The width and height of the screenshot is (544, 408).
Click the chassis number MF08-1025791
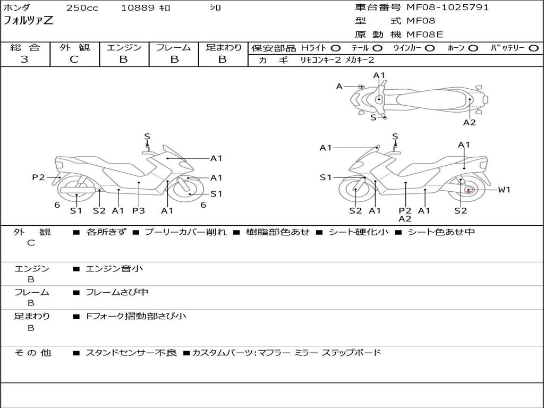click(447, 7)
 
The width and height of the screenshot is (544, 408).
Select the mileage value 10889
click(138, 7)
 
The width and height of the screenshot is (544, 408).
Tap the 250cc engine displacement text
click(82, 7)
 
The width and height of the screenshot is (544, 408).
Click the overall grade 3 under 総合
click(24, 59)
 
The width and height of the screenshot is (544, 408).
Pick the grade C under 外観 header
click(74, 59)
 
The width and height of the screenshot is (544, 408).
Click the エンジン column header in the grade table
click(124, 47)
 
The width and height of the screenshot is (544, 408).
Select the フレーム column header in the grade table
click(174, 47)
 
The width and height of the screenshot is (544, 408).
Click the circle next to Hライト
click(336, 48)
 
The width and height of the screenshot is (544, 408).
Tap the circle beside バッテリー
click(533, 48)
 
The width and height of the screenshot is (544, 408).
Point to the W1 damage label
click(504, 190)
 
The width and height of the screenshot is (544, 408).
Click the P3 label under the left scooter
click(139, 210)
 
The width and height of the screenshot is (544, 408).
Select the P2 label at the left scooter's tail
click(38, 177)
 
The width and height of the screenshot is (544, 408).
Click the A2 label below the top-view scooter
click(470, 123)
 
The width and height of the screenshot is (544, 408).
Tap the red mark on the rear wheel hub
click(469, 191)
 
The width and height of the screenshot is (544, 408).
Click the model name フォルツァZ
click(28, 21)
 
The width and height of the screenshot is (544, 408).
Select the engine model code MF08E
click(425, 35)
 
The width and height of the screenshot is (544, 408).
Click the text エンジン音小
click(114, 268)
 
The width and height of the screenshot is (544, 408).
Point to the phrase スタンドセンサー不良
click(131, 353)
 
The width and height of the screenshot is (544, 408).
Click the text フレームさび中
click(117, 293)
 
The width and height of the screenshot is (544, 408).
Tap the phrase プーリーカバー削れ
click(185, 232)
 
